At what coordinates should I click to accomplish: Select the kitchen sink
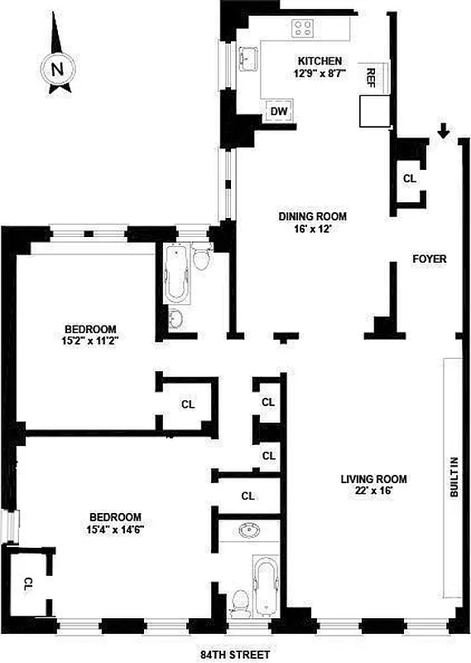point(247,60)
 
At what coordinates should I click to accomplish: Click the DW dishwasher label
point(279,111)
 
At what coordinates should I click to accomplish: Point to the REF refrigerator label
point(371,78)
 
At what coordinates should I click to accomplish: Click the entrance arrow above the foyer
point(444,130)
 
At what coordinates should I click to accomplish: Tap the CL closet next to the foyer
point(409,178)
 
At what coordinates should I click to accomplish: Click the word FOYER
point(430,259)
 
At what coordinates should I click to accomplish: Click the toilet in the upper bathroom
point(200,260)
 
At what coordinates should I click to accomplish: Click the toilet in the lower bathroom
point(239,599)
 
